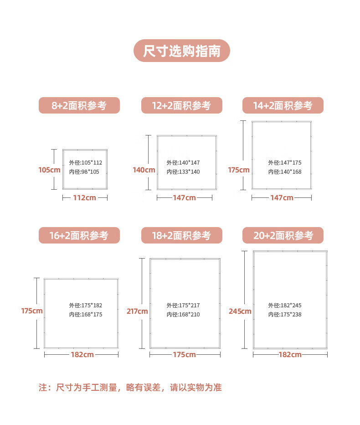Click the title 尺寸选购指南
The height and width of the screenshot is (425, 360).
(x=181, y=51)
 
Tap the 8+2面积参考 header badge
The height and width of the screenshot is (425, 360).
(x=79, y=105)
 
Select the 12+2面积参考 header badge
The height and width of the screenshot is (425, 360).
(x=181, y=105)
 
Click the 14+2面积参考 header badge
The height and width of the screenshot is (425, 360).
(x=283, y=105)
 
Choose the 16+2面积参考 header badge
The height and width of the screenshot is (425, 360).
(x=79, y=235)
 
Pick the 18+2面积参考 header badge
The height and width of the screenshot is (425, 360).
(x=181, y=235)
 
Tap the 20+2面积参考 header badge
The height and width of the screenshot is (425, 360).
(x=283, y=235)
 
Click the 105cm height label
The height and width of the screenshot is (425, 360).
(x=49, y=170)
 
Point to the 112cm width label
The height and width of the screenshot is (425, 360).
(x=84, y=198)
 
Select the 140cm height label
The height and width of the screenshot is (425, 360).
(x=144, y=170)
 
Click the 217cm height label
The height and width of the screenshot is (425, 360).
(x=137, y=311)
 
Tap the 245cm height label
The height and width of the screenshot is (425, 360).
(x=240, y=311)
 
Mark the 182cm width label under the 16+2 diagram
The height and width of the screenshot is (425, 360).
(x=82, y=354)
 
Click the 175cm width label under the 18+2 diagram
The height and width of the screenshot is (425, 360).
(x=185, y=354)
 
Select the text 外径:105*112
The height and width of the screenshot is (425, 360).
(x=86, y=163)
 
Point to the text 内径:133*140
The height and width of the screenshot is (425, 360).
(x=183, y=172)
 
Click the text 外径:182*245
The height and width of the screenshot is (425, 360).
(x=285, y=306)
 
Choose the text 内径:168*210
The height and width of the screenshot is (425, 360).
(x=183, y=315)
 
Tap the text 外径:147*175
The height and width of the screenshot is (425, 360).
(x=285, y=163)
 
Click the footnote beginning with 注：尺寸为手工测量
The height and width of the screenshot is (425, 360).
(x=130, y=388)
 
